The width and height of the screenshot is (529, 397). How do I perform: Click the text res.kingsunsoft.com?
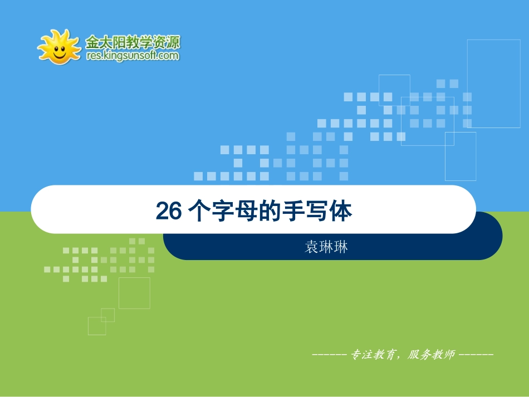pos(133,56)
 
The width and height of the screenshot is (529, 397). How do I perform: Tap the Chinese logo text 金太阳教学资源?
pos(133,42)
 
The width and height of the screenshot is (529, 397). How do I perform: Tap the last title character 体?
pos(341,212)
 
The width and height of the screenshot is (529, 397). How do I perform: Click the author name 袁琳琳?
pos(326,247)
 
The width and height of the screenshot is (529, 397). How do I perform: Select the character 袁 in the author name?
pos(312,247)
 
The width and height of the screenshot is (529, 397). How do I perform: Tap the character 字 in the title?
pos(221,212)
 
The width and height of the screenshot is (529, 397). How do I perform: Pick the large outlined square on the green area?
pos(134,293)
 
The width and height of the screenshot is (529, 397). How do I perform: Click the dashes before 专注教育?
pos(330,355)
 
